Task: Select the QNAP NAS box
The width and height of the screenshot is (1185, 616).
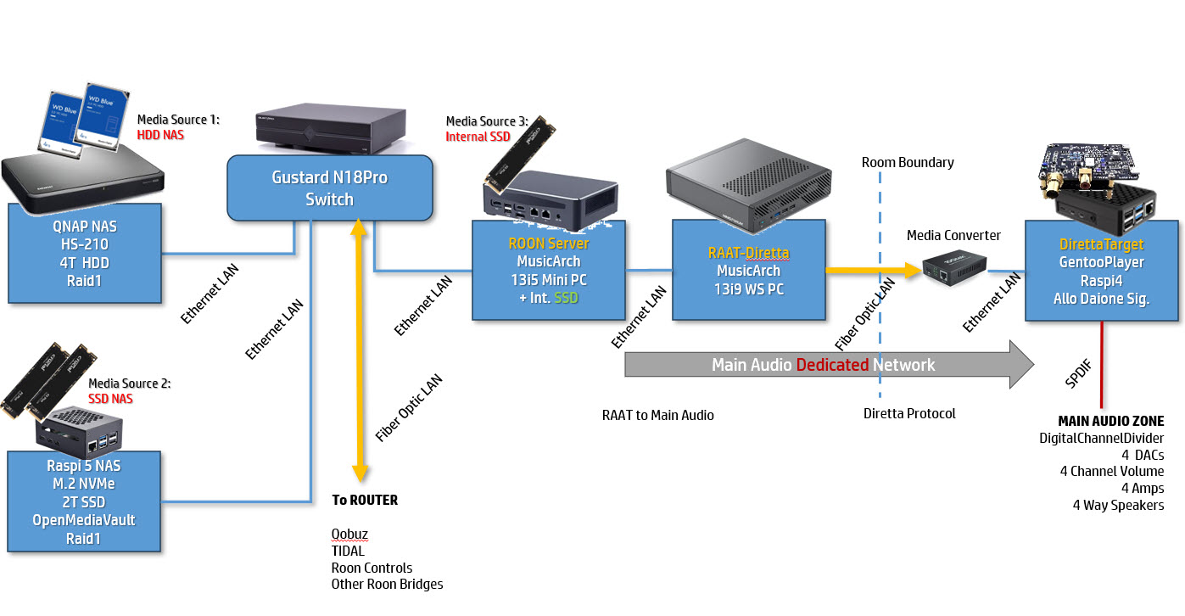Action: pos(84,253)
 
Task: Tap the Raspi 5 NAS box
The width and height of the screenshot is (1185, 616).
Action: pos(84,501)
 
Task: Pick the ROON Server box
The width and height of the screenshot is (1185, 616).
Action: pos(548,270)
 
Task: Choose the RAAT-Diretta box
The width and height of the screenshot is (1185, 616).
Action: pos(747,270)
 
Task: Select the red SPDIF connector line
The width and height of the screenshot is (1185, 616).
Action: pos(1101,365)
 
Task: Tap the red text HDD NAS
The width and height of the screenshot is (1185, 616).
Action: pos(160,134)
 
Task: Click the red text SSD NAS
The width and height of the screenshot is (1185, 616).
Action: pos(111,399)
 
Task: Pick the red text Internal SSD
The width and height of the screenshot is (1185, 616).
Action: pos(478,136)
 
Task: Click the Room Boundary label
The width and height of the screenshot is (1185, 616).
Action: pos(908,162)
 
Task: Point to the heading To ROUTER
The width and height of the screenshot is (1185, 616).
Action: pos(365,500)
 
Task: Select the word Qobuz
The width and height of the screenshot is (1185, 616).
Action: pos(349,535)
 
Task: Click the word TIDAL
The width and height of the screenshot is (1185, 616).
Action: pos(348,552)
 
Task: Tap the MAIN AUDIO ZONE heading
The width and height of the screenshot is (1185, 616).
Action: pos(1110,421)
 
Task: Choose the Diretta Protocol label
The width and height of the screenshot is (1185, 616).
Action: pos(909,414)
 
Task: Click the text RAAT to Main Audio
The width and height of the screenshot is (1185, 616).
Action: pos(657,415)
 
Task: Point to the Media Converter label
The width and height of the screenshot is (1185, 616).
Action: pos(953,235)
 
